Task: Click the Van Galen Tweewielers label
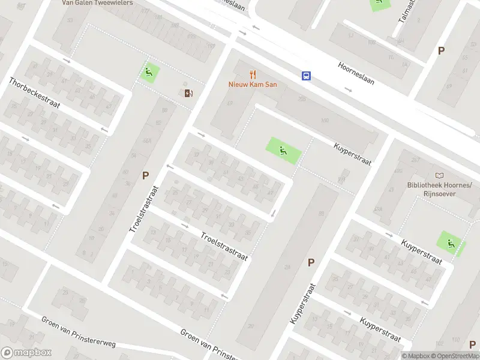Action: click(x=97, y=2)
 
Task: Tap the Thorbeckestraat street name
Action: click(x=34, y=93)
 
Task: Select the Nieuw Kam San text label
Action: click(x=253, y=85)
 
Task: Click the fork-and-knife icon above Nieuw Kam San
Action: click(x=253, y=74)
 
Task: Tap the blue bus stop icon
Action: click(x=306, y=76)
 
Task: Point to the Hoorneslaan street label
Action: click(x=356, y=73)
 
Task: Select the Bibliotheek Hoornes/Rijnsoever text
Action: click(x=440, y=190)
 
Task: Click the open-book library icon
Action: click(x=440, y=175)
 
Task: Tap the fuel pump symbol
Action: click(x=188, y=92)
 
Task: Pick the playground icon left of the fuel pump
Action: click(x=149, y=73)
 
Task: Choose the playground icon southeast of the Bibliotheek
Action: click(x=449, y=242)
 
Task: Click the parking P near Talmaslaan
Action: click(x=441, y=51)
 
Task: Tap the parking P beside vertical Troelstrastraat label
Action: click(x=145, y=176)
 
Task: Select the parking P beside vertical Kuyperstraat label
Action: click(x=311, y=262)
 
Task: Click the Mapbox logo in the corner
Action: click(x=26, y=353)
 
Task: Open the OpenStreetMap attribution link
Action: click(x=458, y=356)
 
